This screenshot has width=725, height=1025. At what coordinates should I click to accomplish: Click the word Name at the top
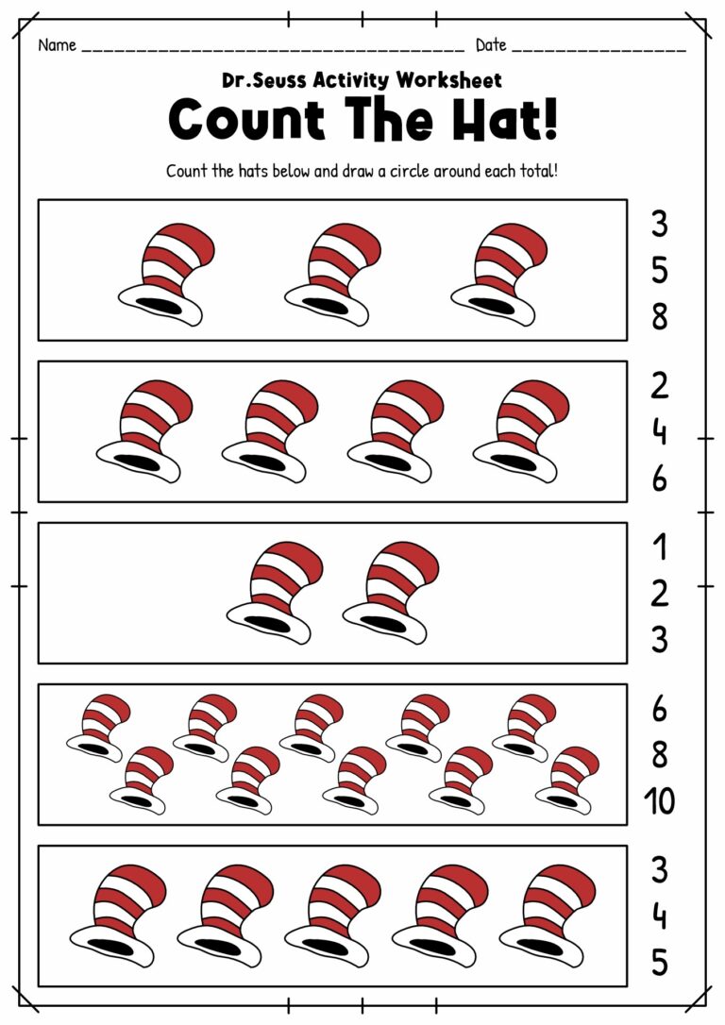tap(57, 45)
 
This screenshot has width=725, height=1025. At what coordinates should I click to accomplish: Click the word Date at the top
tap(491, 45)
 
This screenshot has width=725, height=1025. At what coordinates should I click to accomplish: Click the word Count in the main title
tap(247, 121)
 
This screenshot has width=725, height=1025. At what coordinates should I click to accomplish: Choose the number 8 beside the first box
tap(659, 318)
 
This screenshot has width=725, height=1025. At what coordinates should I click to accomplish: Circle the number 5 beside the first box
tap(659, 271)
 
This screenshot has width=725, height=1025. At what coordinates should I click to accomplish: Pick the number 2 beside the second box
tap(659, 385)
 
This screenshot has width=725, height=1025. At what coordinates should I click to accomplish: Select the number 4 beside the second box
tap(659, 432)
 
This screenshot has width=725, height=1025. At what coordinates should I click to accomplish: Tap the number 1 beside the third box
tap(659, 546)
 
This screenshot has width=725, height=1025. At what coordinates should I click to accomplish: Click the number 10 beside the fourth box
tap(659, 802)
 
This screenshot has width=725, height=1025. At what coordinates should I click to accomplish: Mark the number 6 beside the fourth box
tap(659, 708)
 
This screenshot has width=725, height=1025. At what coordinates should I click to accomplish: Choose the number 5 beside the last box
tap(659, 964)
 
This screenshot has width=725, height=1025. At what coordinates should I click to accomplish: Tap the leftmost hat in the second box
tap(143, 429)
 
